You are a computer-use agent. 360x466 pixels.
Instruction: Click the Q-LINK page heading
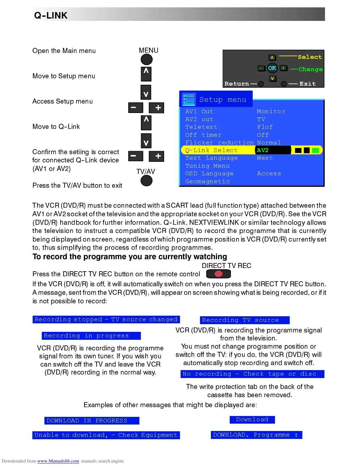click(x=51, y=15)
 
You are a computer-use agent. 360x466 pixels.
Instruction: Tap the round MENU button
click(x=146, y=60)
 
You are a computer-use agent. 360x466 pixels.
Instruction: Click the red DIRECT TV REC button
click(x=219, y=274)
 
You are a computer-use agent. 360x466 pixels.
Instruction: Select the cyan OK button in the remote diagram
click(x=272, y=68)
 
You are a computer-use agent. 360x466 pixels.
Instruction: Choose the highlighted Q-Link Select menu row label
click(x=211, y=150)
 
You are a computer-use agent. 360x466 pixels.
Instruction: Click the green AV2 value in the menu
click(x=263, y=150)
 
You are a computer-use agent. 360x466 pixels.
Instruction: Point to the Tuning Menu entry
click(x=207, y=166)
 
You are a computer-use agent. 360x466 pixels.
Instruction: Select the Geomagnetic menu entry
click(x=207, y=182)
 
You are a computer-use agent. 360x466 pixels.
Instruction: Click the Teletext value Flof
click(x=265, y=127)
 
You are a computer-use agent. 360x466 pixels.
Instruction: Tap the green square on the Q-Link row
click(x=315, y=150)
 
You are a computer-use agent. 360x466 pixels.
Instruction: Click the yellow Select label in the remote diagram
click(x=310, y=57)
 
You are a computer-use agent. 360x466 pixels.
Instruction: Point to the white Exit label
click(x=307, y=84)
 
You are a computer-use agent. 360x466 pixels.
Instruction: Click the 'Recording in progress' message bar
click(x=91, y=336)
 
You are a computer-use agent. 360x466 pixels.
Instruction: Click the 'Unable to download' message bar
click(x=106, y=435)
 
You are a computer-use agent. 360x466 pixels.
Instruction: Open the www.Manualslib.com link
click(x=58, y=461)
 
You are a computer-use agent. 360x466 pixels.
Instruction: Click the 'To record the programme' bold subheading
click(x=130, y=257)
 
